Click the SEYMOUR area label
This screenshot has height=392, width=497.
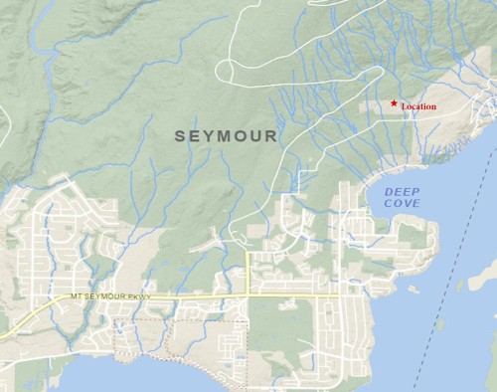pyautogui.click(x=227, y=134)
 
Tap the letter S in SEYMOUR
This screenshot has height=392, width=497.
pyautogui.click(x=181, y=134)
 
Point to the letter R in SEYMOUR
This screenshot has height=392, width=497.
pyautogui.click(x=272, y=134)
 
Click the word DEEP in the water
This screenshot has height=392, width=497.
pyautogui.click(x=403, y=190)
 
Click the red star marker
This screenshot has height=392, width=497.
pyautogui.click(x=395, y=103)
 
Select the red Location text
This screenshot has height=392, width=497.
pyautogui.click(x=418, y=106)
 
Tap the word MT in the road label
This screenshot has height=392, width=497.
pyautogui.click(x=77, y=296)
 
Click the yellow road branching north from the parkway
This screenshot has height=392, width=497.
pyautogui.click(x=248, y=269)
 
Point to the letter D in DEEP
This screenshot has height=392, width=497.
pyautogui.click(x=390, y=190)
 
